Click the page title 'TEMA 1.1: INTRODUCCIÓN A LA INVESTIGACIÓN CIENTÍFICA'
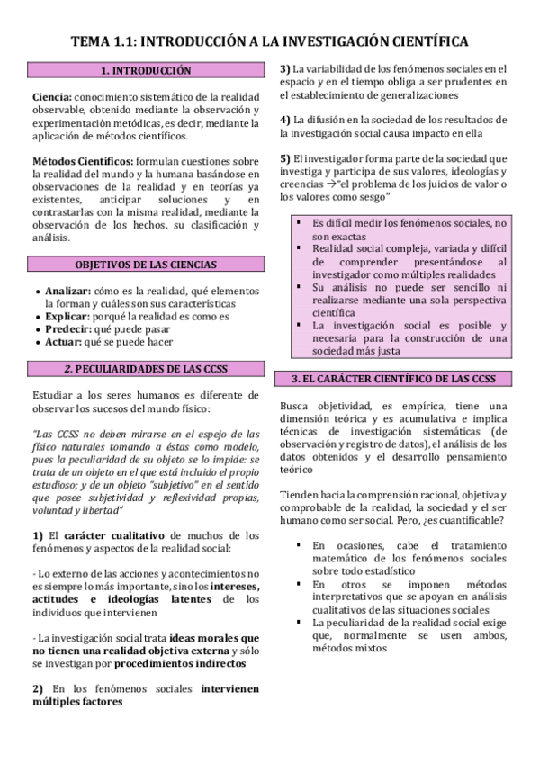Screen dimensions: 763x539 pos(270,41)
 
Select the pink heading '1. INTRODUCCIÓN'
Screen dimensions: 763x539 pos(146,69)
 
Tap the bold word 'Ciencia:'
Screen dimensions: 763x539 pos(51,96)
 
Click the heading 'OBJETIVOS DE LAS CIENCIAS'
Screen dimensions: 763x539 pos(146,264)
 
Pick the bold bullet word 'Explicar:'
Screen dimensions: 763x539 pos(67,317)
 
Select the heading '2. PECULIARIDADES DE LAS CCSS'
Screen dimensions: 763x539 pos(146,368)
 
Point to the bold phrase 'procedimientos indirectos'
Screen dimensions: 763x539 pos(180,663)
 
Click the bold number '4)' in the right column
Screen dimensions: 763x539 pos(285,119)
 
